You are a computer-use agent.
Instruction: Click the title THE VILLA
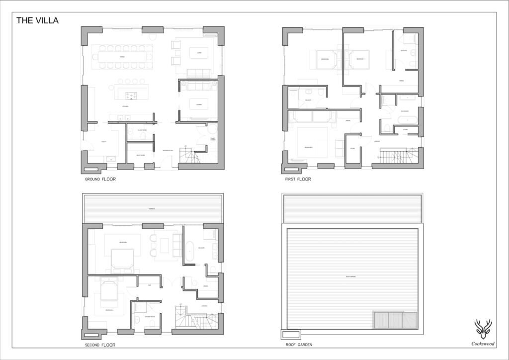[x=37, y=20]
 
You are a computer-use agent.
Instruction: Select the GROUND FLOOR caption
[x=100, y=179]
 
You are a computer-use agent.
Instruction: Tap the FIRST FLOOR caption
[x=298, y=179]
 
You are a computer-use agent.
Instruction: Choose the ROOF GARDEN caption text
[x=299, y=345]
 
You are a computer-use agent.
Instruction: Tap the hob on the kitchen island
[x=131, y=95]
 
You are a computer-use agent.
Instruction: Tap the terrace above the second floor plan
[x=153, y=208]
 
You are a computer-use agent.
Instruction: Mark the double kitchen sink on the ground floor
[x=124, y=118]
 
